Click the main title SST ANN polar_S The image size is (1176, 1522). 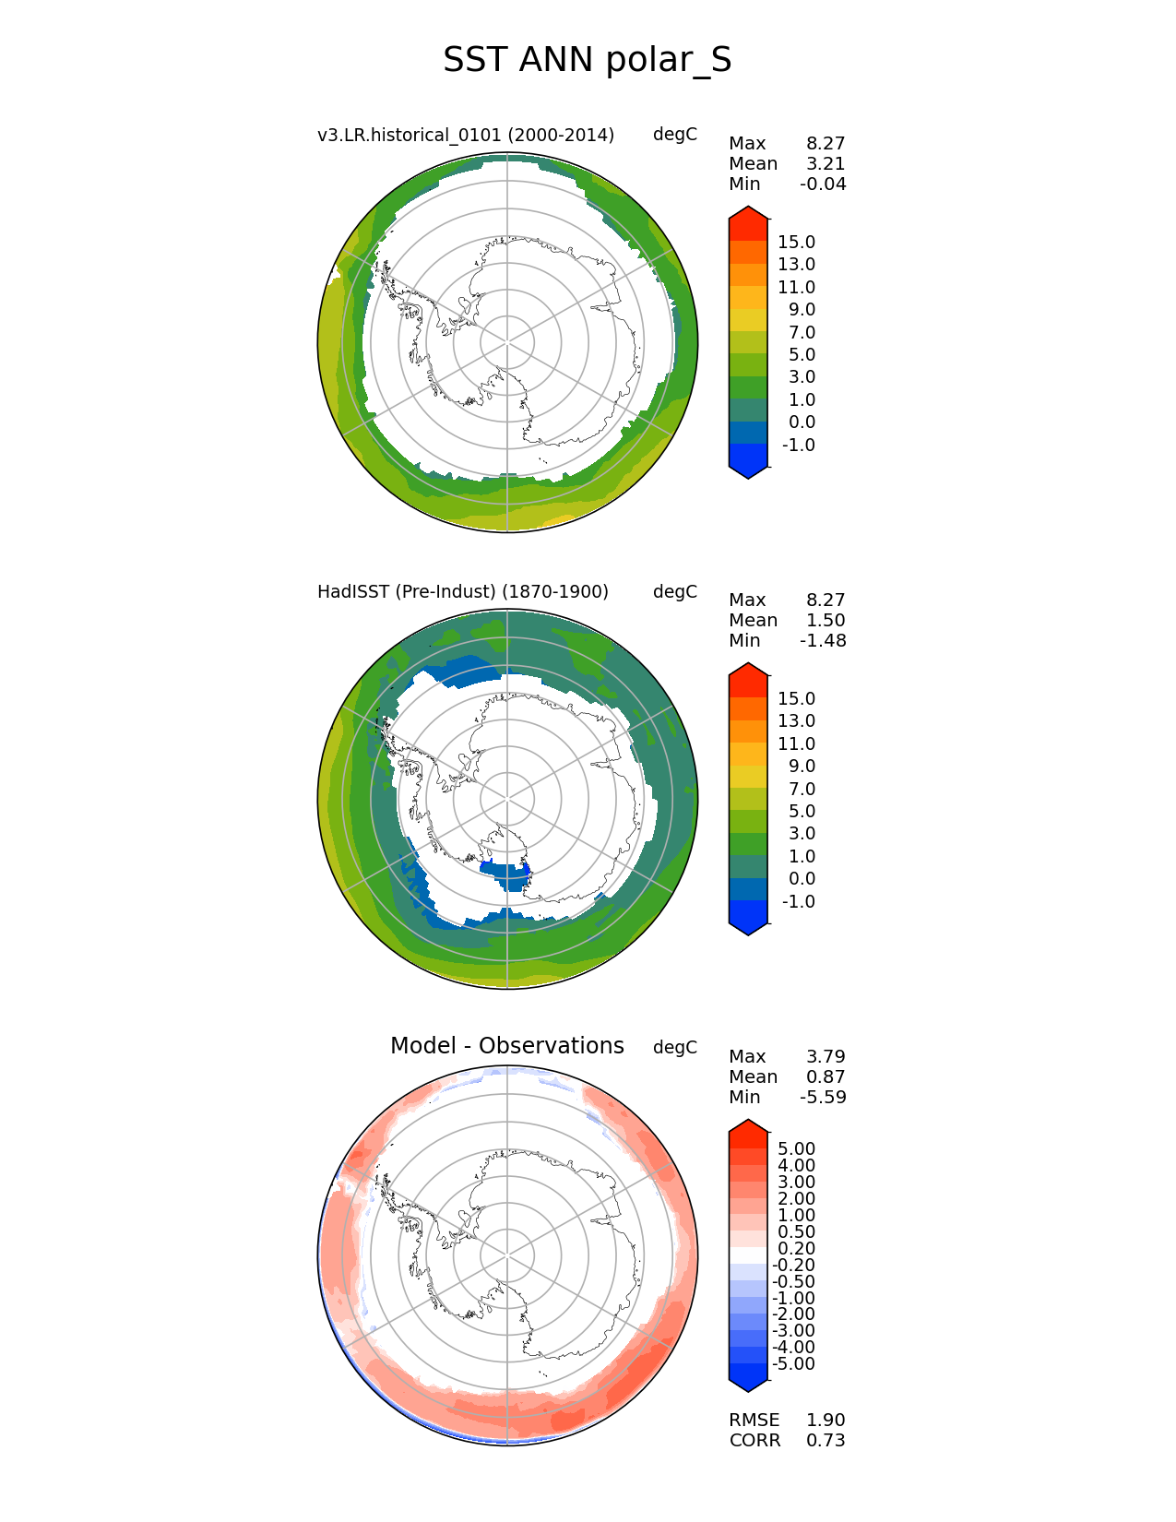point(587,60)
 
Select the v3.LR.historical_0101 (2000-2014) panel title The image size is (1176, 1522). point(466,135)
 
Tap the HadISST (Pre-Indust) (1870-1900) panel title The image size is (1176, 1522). point(463,591)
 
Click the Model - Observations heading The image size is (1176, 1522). point(506,1046)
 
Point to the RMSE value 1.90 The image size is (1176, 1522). point(826,1420)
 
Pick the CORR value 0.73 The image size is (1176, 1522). point(826,1440)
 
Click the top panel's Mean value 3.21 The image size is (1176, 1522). point(826,163)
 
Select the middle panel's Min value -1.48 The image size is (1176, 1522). point(823,640)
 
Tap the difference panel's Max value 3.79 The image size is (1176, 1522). point(826,1056)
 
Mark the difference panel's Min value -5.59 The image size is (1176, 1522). point(823,1097)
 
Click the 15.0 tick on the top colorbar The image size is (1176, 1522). point(796,242)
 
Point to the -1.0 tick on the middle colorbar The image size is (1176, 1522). point(798,901)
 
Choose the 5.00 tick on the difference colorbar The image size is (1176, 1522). point(796,1148)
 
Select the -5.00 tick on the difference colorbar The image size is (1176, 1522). point(793,1363)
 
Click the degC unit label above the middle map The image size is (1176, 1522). point(674,591)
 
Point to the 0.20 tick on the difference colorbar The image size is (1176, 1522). point(796,1248)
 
